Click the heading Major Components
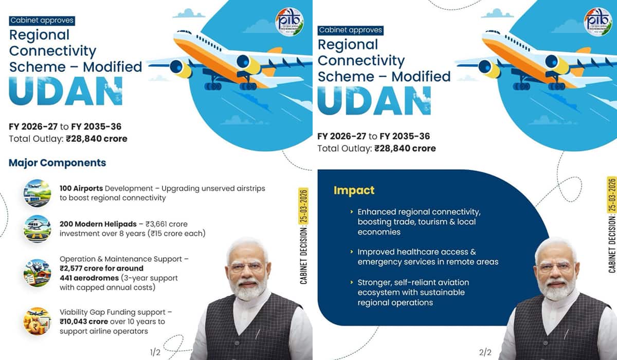(x=57, y=163)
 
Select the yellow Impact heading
(x=354, y=190)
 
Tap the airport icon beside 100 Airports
(x=37, y=193)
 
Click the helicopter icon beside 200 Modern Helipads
(x=37, y=229)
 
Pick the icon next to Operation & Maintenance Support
(x=37, y=273)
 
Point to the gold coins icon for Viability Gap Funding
(x=37, y=321)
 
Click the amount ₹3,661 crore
(x=167, y=224)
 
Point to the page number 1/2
(x=155, y=352)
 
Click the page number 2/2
(x=485, y=352)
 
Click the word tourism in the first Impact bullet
(x=437, y=222)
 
